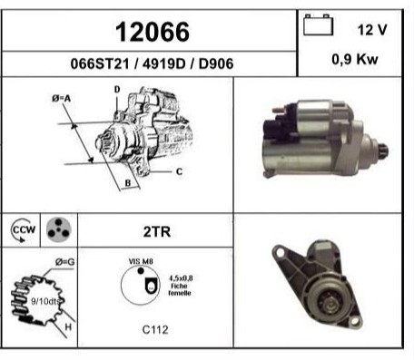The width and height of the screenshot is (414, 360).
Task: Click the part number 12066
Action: click(153, 32)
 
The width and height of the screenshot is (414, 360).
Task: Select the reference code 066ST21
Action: click(100, 63)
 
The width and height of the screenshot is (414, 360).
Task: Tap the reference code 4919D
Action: click(163, 63)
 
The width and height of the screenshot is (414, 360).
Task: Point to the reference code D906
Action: click(216, 63)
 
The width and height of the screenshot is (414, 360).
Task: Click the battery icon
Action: click(319, 24)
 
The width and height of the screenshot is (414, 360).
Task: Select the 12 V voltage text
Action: click(372, 30)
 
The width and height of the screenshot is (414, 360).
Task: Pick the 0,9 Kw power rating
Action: click(355, 59)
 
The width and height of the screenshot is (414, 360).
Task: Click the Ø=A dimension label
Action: click(62, 98)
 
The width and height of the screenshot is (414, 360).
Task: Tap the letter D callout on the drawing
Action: click(117, 90)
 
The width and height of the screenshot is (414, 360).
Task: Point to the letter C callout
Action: click(179, 171)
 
